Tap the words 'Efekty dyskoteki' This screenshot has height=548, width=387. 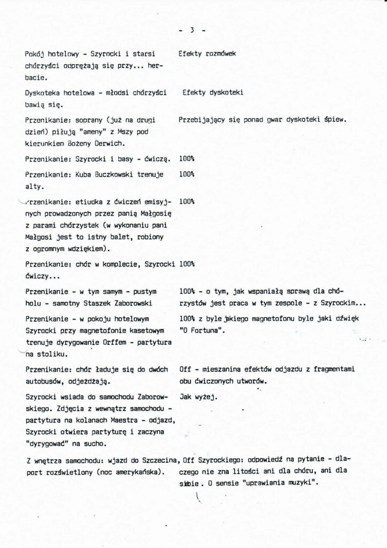click(x=213, y=93)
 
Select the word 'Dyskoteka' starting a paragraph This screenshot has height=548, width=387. click(x=42, y=93)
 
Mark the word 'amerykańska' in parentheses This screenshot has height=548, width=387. click(x=138, y=473)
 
